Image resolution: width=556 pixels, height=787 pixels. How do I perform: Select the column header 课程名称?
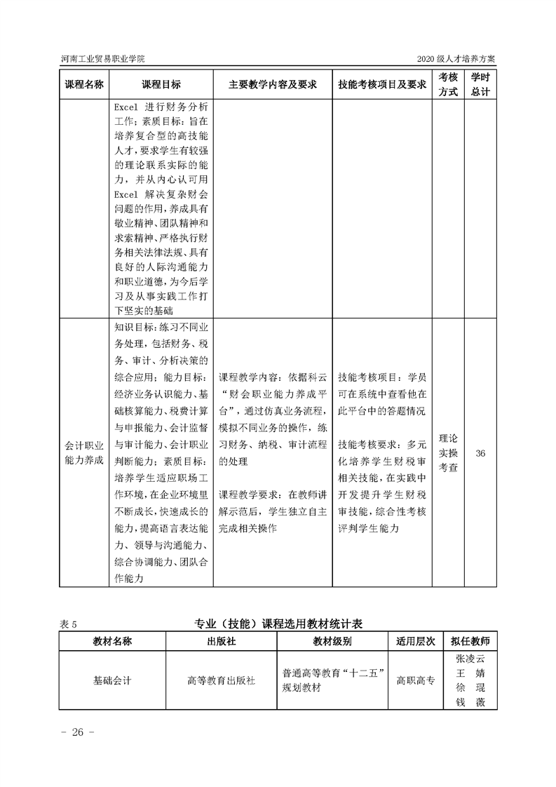84,84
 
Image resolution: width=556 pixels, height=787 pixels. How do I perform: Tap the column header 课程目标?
161,84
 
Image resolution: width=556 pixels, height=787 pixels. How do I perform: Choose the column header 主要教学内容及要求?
272,84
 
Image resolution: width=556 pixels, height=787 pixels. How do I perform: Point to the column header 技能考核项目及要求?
382,84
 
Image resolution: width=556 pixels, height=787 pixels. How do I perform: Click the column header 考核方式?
448,84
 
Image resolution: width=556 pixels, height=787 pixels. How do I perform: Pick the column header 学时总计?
480,84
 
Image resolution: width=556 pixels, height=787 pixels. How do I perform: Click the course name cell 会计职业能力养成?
84,453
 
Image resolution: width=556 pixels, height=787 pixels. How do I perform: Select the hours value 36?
480,453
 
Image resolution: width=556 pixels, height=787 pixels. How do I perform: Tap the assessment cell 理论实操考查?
448,453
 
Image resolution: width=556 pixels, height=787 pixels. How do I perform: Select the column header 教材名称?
112,641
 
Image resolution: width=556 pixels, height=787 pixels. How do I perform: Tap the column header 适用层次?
416,641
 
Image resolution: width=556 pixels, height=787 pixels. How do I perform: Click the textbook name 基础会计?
112,680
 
